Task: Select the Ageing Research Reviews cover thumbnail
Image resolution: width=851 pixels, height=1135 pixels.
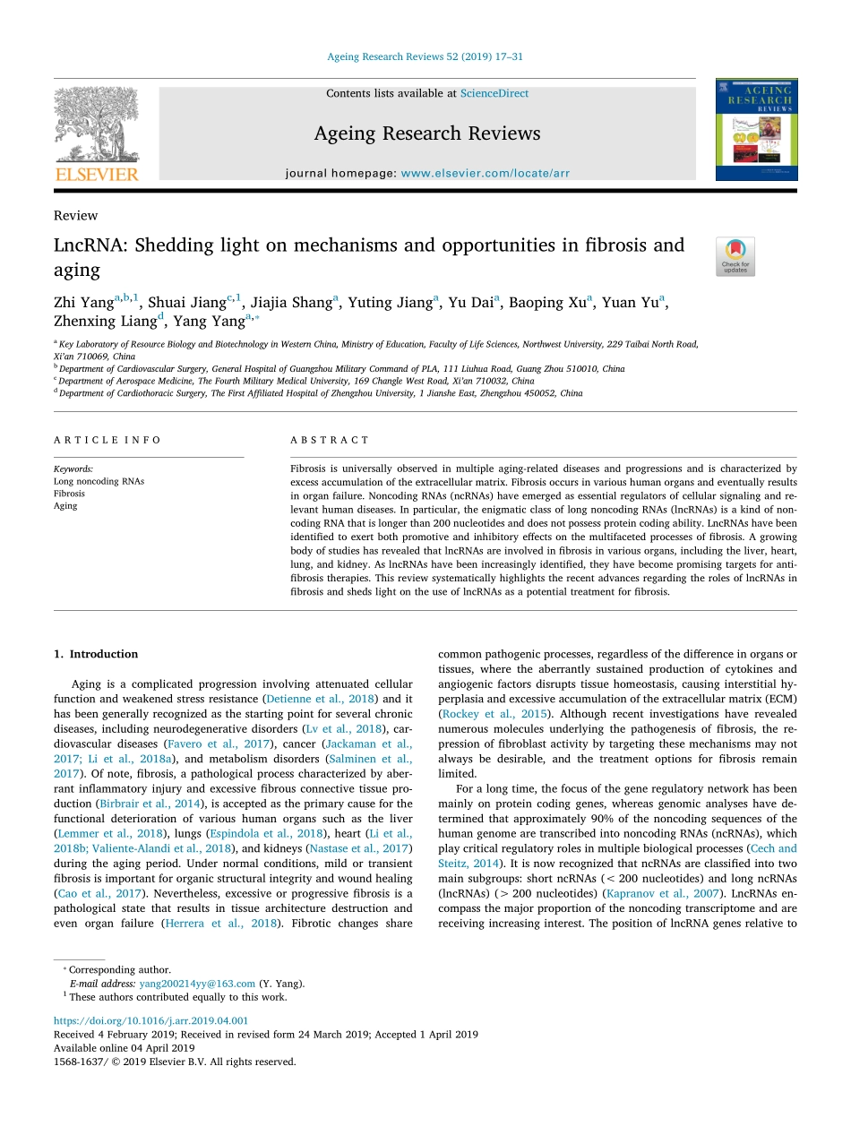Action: click(755, 130)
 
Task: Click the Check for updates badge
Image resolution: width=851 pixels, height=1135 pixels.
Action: click(735, 256)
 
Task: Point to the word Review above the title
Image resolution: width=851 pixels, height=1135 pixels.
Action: click(76, 216)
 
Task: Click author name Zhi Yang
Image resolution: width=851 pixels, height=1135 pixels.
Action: click(83, 303)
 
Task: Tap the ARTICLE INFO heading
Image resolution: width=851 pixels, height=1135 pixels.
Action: click(107, 440)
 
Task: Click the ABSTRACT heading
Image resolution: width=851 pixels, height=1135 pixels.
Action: click(330, 440)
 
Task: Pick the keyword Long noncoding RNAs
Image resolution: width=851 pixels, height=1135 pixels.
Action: click(99, 481)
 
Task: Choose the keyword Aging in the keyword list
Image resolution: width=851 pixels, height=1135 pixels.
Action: click(65, 506)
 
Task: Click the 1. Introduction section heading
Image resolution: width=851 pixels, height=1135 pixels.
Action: click(96, 654)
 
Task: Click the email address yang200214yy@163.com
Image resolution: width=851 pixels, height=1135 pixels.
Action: click(197, 983)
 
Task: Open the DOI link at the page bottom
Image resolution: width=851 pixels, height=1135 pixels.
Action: click(150, 1020)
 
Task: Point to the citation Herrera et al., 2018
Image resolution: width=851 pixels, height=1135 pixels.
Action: click(219, 924)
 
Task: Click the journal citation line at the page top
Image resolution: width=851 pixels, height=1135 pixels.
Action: click(425, 56)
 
